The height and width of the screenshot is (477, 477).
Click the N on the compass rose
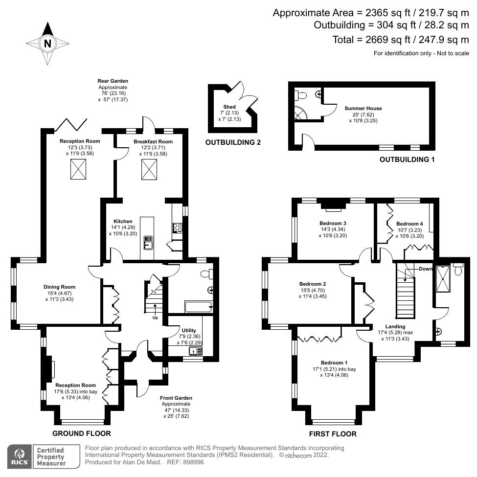tap(47, 44)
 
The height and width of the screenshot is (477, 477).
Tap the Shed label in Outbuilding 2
tap(229, 107)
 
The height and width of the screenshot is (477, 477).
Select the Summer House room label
tap(363, 108)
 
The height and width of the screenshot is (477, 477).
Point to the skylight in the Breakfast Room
tap(150, 169)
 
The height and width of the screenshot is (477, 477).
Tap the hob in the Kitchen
tap(177, 227)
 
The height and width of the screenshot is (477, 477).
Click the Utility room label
tap(189, 331)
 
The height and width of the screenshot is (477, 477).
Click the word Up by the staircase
tap(156, 318)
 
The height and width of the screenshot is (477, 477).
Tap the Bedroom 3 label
tap(333, 224)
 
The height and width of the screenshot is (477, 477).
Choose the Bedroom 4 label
tap(409, 224)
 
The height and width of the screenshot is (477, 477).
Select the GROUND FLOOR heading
tap(81, 433)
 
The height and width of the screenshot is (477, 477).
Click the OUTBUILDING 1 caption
tap(407, 159)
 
